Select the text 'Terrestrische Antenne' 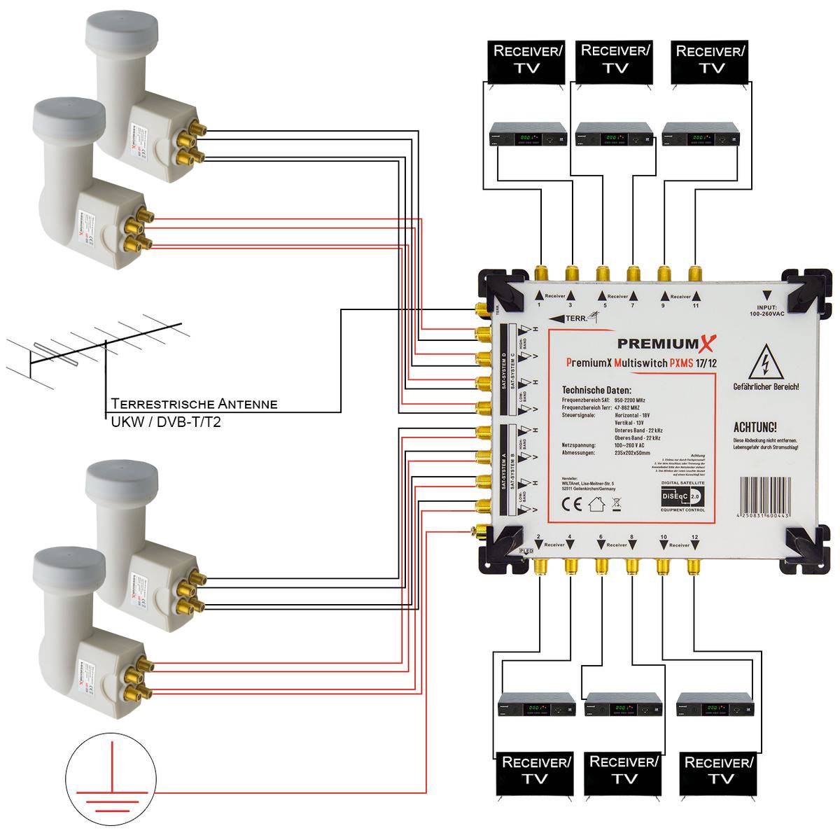(x=194, y=404)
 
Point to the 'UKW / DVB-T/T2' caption (x=166, y=422)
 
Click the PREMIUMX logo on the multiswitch (x=666, y=344)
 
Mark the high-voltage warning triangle (x=765, y=362)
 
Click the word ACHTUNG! (x=755, y=427)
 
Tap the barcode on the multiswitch (x=763, y=497)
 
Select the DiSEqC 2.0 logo (x=682, y=496)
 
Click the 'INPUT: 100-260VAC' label (x=767, y=310)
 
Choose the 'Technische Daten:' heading (x=596, y=390)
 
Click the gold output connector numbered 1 (x=541, y=274)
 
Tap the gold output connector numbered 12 (x=693, y=566)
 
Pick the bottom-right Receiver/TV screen (x=719, y=771)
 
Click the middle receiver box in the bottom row (x=623, y=708)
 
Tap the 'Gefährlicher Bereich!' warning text (x=766, y=387)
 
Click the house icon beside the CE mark (x=596, y=503)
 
